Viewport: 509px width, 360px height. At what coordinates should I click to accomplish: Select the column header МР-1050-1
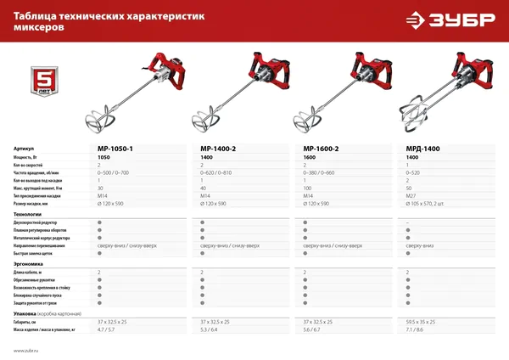pyautogui.click(x=115, y=148)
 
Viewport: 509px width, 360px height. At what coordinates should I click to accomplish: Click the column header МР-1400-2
pyautogui.click(x=218, y=148)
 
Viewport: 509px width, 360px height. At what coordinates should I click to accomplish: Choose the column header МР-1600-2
pyautogui.click(x=321, y=148)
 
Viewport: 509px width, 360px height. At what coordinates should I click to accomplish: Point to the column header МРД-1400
pyautogui.click(x=422, y=148)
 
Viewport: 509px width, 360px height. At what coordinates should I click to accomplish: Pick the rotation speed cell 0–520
pyautogui.click(x=416, y=172)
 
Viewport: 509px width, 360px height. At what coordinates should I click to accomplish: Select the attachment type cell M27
pyautogui.click(x=413, y=195)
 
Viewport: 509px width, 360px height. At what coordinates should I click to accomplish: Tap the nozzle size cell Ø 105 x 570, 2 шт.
pyautogui.click(x=429, y=203)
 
